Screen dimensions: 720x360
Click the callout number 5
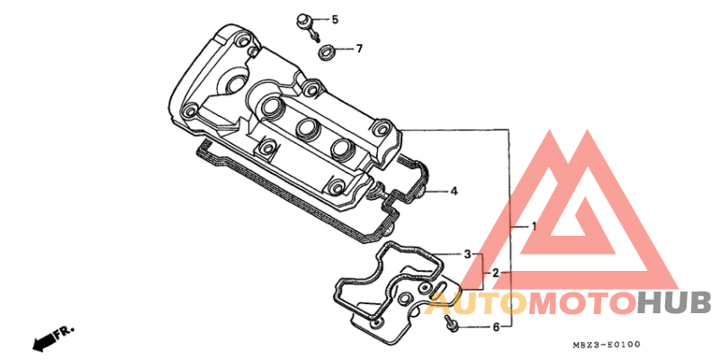(x=335, y=20)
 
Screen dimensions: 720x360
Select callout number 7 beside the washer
(x=359, y=49)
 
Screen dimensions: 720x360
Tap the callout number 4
(x=454, y=191)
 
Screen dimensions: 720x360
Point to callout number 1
(x=534, y=227)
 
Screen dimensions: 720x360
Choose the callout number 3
(x=467, y=254)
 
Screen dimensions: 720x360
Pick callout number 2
(x=496, y=274)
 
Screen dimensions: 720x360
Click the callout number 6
(x=496, y=328)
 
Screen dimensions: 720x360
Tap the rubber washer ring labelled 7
(x=327, y=51)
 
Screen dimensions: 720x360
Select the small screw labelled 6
(x=451, y=323)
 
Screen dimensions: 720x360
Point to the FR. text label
(x=65, y=331)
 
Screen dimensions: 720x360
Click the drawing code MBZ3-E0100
(x=606, y=345)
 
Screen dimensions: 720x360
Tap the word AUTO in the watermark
(x=477, y=304)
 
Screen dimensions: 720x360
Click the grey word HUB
(x=674, y=304)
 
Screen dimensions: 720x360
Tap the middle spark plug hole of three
(x=307, y=128)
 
